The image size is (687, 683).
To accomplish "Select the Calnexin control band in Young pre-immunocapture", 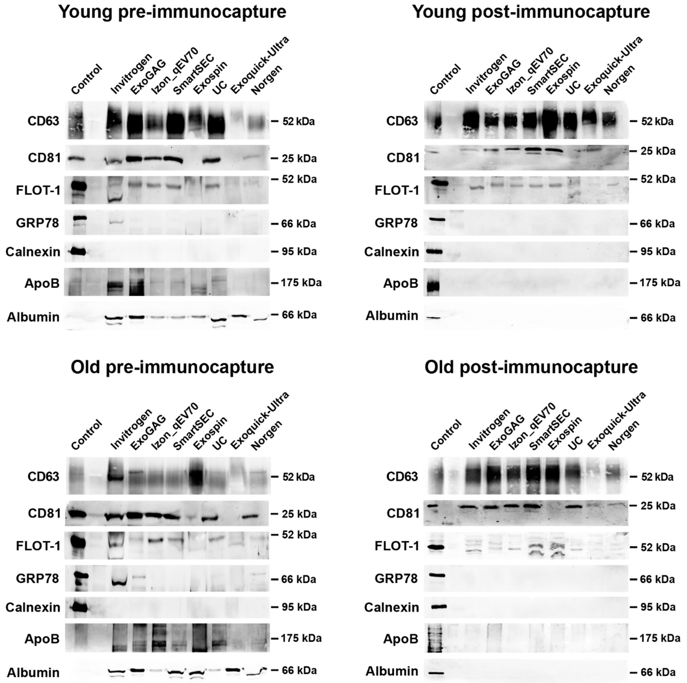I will [77, 252].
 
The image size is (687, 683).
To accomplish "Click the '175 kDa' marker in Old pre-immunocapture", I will [301, 638].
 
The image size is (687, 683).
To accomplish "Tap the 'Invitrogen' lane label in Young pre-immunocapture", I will [131, 73].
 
